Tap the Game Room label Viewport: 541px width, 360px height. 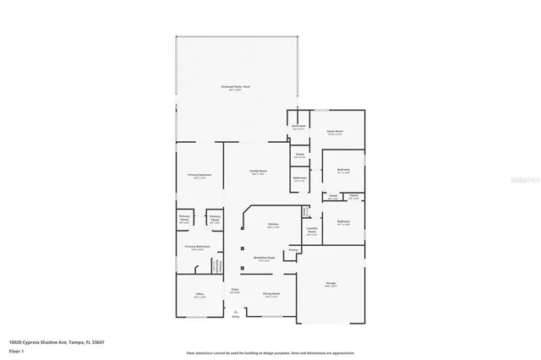click(334, 132)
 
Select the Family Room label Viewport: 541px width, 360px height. click(258, 172)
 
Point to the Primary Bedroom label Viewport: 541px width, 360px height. click(199, 175)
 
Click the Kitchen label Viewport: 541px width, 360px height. click(273, 224)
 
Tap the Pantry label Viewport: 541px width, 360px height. click(293, 250)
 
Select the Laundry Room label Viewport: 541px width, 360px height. click(312, 230)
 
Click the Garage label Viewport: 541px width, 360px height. click(332, 285)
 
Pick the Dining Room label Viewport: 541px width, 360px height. click(270, 294)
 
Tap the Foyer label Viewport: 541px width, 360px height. click(236, 291)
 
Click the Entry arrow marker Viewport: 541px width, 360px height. click(236, 312)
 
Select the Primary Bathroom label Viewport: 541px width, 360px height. click(199, 247)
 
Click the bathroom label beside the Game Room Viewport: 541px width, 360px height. click(298, 126)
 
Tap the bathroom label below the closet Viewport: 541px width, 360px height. click(299, 178)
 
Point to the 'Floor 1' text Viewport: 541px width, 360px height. click(16, 351)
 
